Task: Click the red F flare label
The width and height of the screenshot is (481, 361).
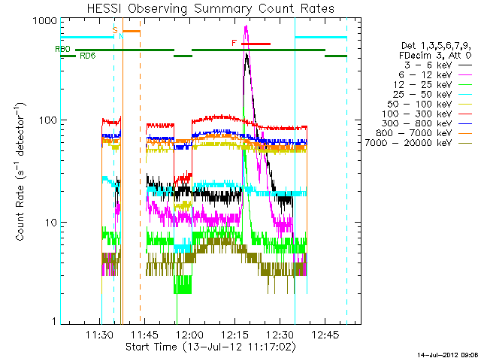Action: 234,43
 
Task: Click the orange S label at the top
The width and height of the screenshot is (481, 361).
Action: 114,30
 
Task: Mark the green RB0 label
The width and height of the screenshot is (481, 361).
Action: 62,49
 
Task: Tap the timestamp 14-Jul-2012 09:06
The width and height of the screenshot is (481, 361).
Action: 447,353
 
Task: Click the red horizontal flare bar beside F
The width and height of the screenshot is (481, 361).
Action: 256,44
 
